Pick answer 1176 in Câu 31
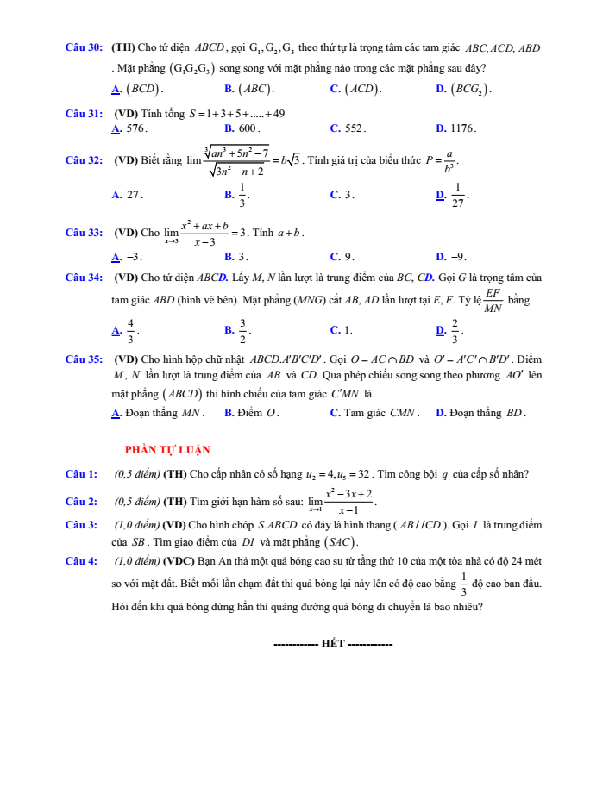pyautogui.click(x=463, y=128)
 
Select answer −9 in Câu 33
pyautogui.click(x=458, y=256)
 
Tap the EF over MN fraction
pyautogui.click(x=493, y=301)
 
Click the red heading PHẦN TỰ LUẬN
pyautogui.click(x=167, y=449)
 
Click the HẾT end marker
pyautogui.click(x=332, y=644)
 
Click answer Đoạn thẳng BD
pyautogui.click(x=487, y=413)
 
